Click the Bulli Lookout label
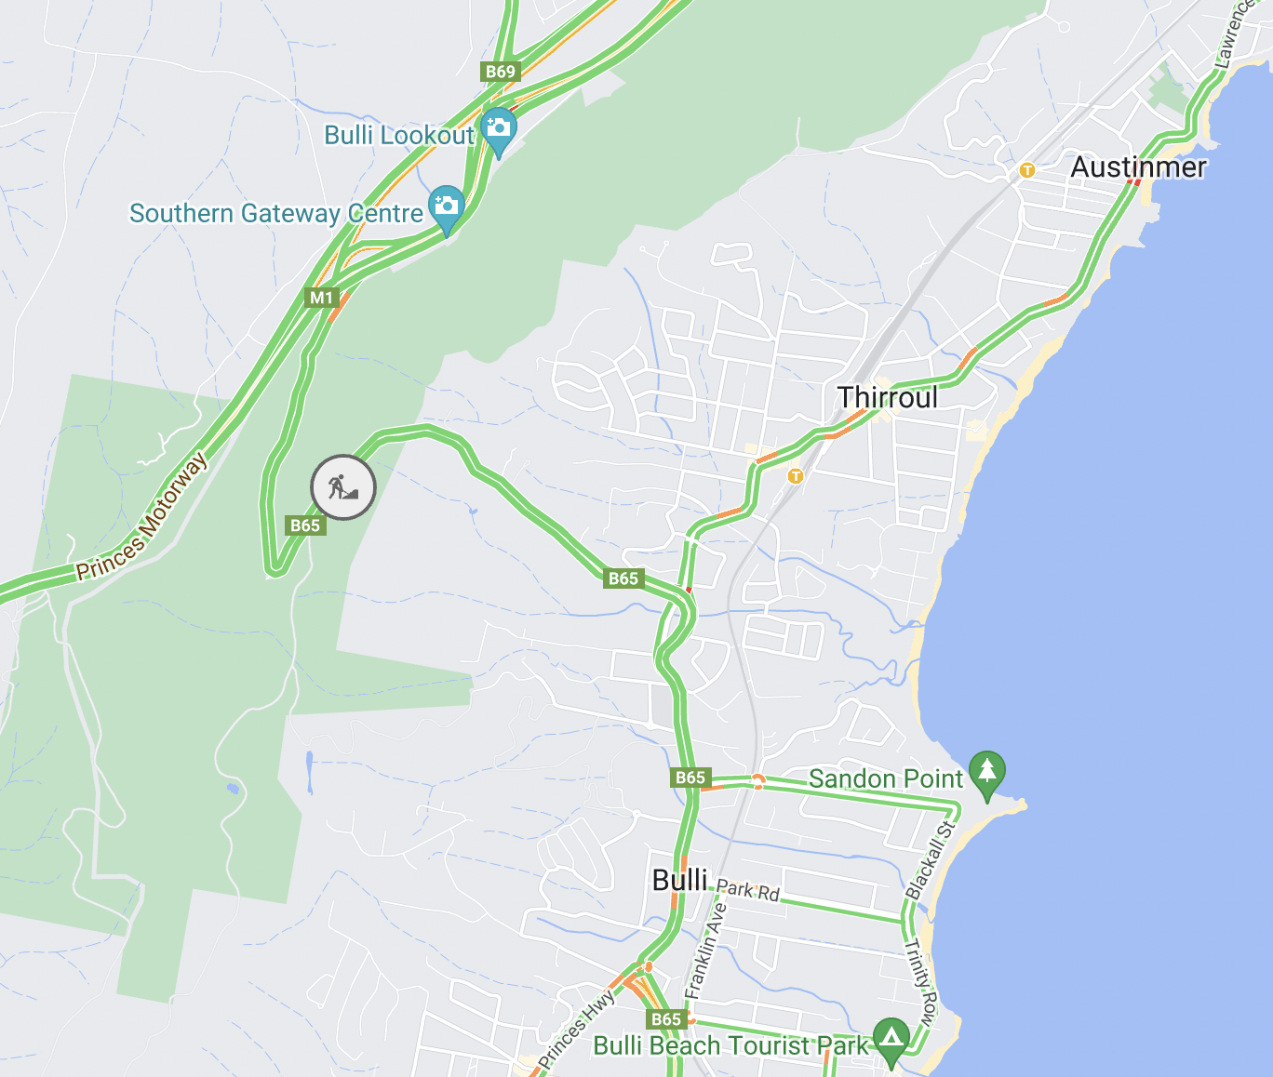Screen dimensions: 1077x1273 pos(399,136)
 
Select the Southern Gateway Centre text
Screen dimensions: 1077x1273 pos(276,214)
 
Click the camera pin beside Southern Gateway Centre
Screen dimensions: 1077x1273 pos(446,206)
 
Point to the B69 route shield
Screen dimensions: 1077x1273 pos(500,72)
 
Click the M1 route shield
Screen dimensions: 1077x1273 pos(321,298)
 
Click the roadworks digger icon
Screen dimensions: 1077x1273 pos(342,486)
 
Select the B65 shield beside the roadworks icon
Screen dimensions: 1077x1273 pos(304,525)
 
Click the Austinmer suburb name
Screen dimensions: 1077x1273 pos(1138,167)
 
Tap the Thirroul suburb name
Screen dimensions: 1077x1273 pos(888,398)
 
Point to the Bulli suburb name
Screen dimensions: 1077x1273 pos(680,880)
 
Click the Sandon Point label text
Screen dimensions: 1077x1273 pos(885,778)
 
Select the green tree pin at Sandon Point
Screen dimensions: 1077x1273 pos(986,772)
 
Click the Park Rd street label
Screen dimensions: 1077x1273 pos(748,891)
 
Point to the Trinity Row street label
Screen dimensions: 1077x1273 pos(921,982)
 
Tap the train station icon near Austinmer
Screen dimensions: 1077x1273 pos(1026,170)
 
